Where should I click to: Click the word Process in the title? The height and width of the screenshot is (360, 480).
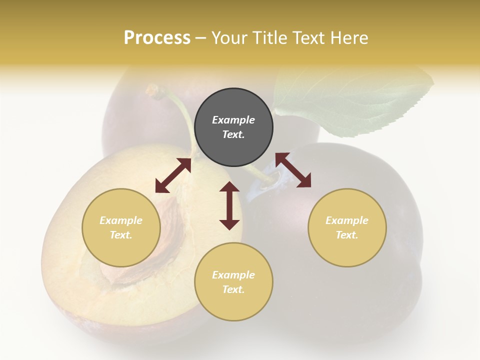pyautogui.click(x=157, y=38)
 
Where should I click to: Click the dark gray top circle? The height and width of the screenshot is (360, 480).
pyautogui.click(x=233, y=127)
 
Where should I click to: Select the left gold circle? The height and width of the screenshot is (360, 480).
pyautogui.click(x=121, y=227)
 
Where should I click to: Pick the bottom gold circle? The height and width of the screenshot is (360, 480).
pyautogui.click(x=233, y=282)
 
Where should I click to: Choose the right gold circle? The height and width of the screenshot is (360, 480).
pyautogui.click(x=347, y=227)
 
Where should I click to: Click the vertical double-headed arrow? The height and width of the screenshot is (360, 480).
pyautogui.click(x=229, y=205)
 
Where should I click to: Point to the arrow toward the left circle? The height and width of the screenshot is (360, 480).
pyautogui.click(x=173, y=175)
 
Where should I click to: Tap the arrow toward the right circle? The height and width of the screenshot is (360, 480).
pyautogui.click(x=293, y=170)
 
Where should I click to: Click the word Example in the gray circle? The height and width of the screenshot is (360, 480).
pyautogui.click(x=233, y=120)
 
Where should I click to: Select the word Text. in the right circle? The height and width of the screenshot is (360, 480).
pyautogui.click(x=347, y=235)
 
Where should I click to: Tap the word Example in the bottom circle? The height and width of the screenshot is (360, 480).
pyautogui.click(x=233, y=275)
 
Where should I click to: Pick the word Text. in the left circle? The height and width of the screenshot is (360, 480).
pyautogui.click(x=121, y=235)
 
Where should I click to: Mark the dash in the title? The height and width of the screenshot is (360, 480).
pyautogui.click(x=200, y=38)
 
